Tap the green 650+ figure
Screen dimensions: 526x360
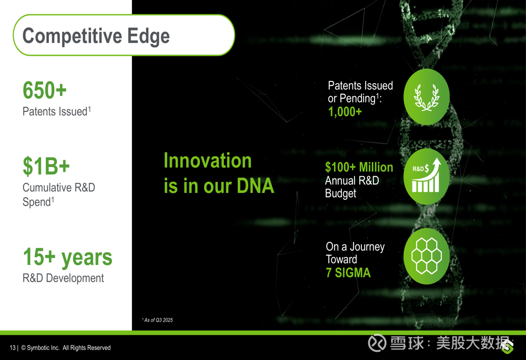click(x=45, y=90)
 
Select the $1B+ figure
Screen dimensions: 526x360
click(x=46, y=166)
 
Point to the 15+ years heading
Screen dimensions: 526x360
click(x=68, y=258)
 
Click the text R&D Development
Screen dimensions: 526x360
click(x=63, y=278)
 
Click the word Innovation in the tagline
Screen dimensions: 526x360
click(x=208, y=161)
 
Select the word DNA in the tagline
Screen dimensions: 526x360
click(x=255, y=186)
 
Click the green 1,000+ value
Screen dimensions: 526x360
click(x=345, y=111)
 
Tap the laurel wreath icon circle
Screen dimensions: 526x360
click(x=427, y=97)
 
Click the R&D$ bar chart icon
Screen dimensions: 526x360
click(x=427, y=177)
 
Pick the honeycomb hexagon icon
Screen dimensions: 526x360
click(x=427, y=256)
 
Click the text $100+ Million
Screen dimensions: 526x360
click(x=359, y=167)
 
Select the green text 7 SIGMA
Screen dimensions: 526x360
click(x=348, y=273)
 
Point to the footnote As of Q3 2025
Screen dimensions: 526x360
click(x=158, y=320)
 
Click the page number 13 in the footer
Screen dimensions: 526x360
click(x=13, y=348)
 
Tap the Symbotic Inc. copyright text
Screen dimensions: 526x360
click(x=66, y=348)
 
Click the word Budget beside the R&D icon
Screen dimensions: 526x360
click(x=340, y=193)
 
